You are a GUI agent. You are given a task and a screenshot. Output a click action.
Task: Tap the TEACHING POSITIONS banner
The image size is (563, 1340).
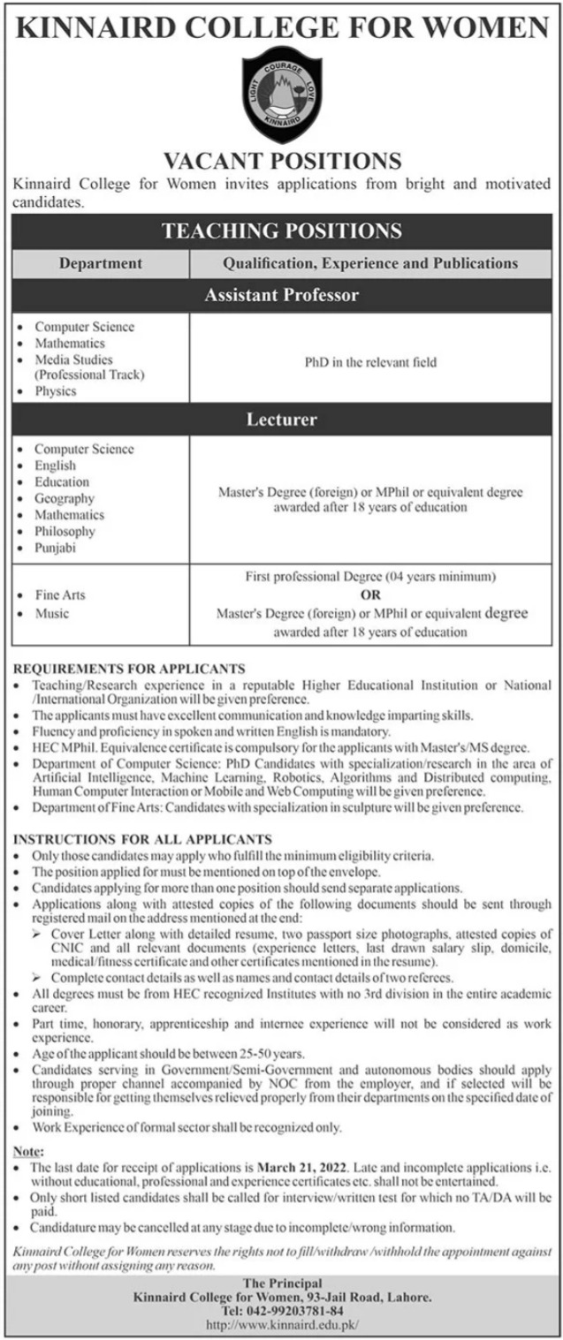282,231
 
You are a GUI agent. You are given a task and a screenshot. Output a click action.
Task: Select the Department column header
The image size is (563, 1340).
101,263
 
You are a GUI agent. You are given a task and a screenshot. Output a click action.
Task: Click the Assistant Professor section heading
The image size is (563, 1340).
282,295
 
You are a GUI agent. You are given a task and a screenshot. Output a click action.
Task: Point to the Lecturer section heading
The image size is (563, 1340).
282,419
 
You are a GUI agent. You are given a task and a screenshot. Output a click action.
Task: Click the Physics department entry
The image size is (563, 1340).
56,391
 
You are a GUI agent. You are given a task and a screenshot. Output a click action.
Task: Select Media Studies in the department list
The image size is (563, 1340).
73,359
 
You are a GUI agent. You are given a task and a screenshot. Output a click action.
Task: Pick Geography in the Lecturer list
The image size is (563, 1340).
65,498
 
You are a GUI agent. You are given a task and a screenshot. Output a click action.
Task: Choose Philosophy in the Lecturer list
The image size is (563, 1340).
65,531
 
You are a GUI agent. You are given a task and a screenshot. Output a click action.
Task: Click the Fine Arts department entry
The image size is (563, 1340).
60,595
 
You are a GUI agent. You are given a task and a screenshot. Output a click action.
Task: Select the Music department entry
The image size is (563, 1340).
51,613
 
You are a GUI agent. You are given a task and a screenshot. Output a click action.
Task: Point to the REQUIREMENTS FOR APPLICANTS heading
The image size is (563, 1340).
129,670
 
